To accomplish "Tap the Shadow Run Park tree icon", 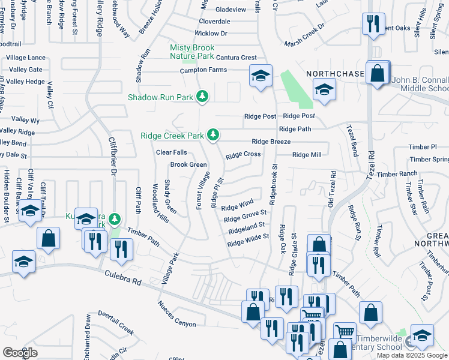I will pyautogui.click(x=203, y=96).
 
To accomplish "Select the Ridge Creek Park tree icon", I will pyautogui.click(x=212, y=135).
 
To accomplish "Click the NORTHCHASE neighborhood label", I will pyautogui.click(x=335, y=73).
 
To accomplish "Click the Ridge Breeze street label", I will pyautogui.click(x=271, y=142).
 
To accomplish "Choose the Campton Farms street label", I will pyautogui.click(x=203, y=70).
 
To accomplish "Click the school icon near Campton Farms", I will pyautogui.click(x=261, y=77).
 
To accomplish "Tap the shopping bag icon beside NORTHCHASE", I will pyautogui.click(x=378, y=74).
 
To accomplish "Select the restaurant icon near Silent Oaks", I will pyautogui.click(x=373, y=25).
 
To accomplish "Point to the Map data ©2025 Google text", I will pyautogui.click(x=411, y=355).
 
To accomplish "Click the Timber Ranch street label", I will pyautogui.click(x=397, y=174).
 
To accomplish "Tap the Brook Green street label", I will pyautogui.click(x=188, y=164).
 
